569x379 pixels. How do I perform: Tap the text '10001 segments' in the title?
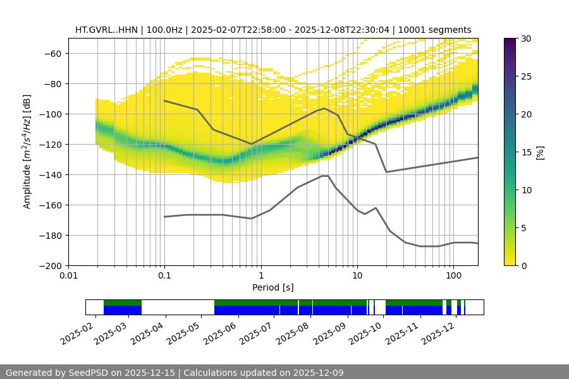[x=439, y=30]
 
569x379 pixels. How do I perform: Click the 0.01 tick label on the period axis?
[x=68, y=276]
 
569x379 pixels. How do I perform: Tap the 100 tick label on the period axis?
[x=453, y=276]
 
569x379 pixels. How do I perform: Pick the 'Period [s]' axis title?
[x=272, y=287]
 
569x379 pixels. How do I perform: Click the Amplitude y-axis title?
[x=27, y=152]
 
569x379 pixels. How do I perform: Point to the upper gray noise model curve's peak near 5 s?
[x=325, y=108]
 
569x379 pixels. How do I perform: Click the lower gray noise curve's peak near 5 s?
[x=325, y=176]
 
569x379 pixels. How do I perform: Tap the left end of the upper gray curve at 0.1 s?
[x=164, y=100]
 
